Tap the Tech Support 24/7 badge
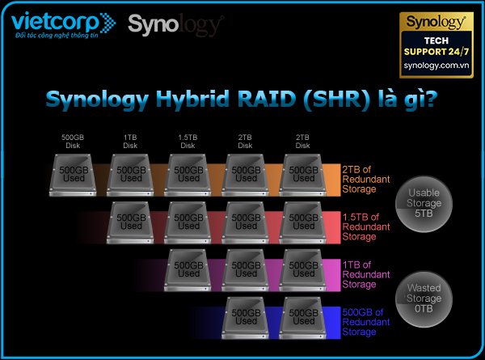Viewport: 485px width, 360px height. [x=437, y=40]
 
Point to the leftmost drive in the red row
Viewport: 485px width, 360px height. [x=131, y=221]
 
